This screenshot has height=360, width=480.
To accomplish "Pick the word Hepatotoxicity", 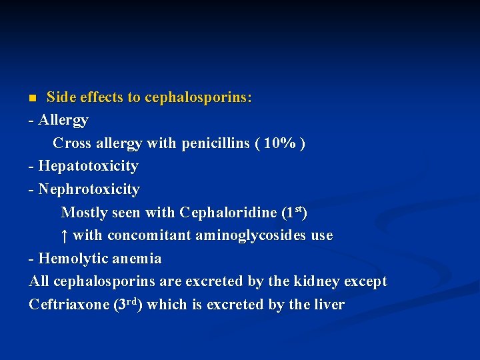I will (88, 166).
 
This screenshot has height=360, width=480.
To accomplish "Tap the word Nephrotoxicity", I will (89, 189).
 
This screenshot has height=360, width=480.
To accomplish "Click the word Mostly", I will (83, 213).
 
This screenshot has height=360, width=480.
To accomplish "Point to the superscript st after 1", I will (299, 210).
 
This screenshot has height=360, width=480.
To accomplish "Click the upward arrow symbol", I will (63, 236).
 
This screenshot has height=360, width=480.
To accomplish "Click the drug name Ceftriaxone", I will (69, 305).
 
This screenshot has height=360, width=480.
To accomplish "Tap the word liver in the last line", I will (329, 305).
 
